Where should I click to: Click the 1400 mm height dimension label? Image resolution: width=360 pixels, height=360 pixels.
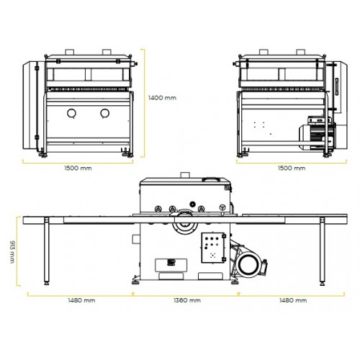[162, 98]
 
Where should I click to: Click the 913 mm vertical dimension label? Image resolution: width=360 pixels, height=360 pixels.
[12, 251]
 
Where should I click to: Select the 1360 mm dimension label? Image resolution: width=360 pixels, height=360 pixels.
[187, 300]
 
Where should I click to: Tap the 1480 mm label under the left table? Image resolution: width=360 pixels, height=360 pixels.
[81, 300]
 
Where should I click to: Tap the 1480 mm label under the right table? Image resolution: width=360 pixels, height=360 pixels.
[293, 300]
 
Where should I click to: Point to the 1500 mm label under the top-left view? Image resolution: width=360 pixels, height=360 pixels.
[78, 168]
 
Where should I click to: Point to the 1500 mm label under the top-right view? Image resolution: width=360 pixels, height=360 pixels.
[292, 168]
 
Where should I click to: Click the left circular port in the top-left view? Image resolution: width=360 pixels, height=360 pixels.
[71, 113]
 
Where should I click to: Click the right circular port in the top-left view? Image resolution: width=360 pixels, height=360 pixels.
[105, 113]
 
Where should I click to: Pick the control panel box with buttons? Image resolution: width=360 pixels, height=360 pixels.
[213, 248]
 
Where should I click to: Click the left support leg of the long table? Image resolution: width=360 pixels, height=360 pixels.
[47, 251]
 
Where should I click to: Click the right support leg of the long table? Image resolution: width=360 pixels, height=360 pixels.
[323, 251]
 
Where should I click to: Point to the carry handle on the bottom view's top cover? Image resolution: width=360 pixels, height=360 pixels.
[211, 179]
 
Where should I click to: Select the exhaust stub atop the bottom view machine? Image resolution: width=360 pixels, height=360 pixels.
[185, 175]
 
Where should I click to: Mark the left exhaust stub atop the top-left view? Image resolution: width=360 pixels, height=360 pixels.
[70, 53]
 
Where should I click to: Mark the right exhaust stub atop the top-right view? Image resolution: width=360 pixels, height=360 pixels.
[300, 53]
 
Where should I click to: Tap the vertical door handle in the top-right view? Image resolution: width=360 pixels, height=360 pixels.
[337, 86]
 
